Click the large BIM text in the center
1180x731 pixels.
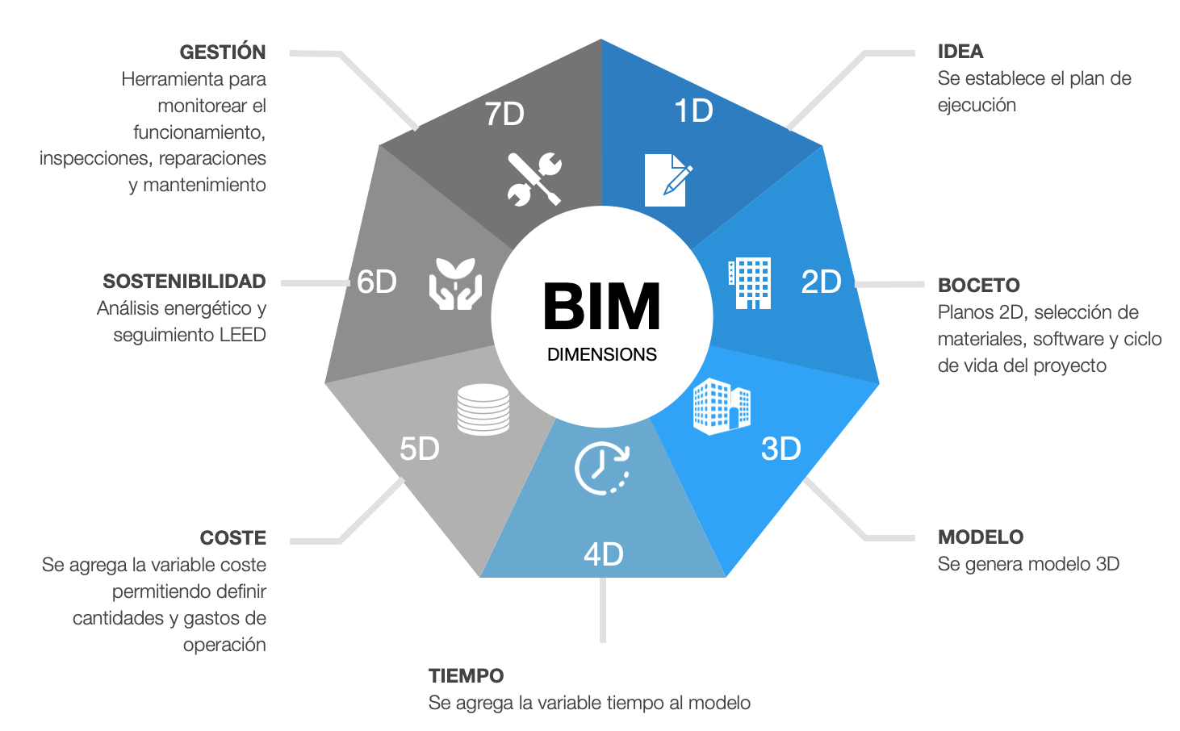pyautogui.click(x=601, y=307)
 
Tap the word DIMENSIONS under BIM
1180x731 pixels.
pyautogui.click(x=601, y=354)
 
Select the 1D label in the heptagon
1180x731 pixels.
pyautogui.click(x=693, y=111)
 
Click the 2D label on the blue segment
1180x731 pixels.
pyautogui.click(x=821, y=282)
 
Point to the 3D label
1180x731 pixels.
pyautogui.click(x=780, y=449)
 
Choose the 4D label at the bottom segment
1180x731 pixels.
pyautogui.click(x=603, y=554)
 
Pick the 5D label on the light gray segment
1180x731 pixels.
pyautogui.click(x=419, y=449)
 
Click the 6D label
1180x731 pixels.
pyautogui.click(x=377, y=282)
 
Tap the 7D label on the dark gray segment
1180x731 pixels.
pyautogui.click(x=504, y=114)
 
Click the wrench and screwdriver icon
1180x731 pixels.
pyautogui.click(x=534, y=178)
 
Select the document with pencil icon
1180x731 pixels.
pyautogui.click(x=667, y=180)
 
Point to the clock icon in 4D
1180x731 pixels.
pyautogui.click(x=601, y=468)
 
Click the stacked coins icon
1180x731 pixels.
pyautogui.click(x=483, y=409)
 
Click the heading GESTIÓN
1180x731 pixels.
pyautogui.click(x=222, y=52)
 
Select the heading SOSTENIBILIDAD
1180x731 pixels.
pyautogui.click(x=184, y=282)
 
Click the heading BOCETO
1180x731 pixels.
pyautogui.click(x=978, y=286)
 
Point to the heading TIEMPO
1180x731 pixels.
pyautogui.click(x=466, y=676)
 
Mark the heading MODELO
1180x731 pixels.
pyautogui.click(x=980, y=537)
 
